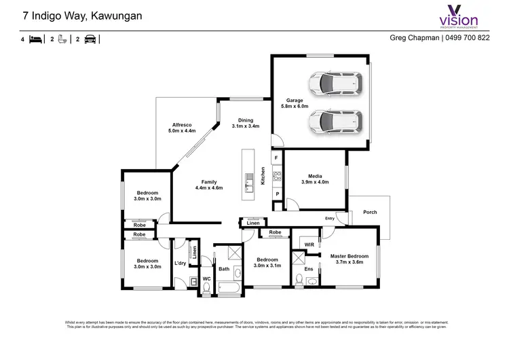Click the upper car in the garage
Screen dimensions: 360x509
pyautogui.click(x=333, y=84)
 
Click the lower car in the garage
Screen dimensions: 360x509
pyautogui.click(x=333, y=123)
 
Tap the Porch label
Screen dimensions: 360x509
pyautogui.click(x=369, y=212)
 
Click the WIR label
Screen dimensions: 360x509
pyautogui.click(x=309, y=243)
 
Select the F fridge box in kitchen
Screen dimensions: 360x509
pyautogui.click(x=276, y=158)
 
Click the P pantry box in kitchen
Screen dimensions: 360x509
pyautogui.click(x=277, y=194)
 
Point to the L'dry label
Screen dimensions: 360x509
pyautogui.click(x=180, y=263)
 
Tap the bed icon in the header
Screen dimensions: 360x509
pyautogui.click(x=36, y=39)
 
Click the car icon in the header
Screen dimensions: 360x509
pyautogui.click(x=90, y=39)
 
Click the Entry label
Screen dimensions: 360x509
pyautogui.click(x=330, y=218)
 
